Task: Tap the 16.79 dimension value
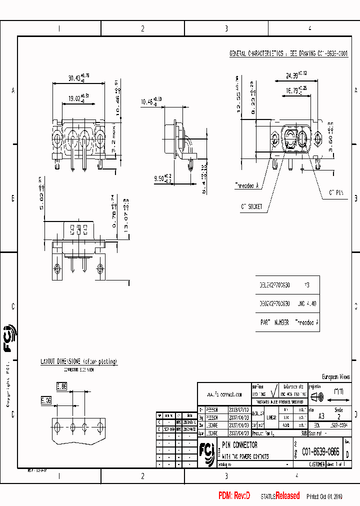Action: (292, 91)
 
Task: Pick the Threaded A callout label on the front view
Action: (246, 185)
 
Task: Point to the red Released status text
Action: (287, 496)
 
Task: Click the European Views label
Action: (335, 377)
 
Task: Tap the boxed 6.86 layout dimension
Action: (61, 386)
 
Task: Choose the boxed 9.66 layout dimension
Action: (46, 400)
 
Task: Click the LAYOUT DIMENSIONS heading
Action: (78, 361)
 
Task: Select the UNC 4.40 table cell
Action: (306, 303)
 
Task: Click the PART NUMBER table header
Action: (274, 323)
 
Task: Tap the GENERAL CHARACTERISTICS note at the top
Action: (288, 53)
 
